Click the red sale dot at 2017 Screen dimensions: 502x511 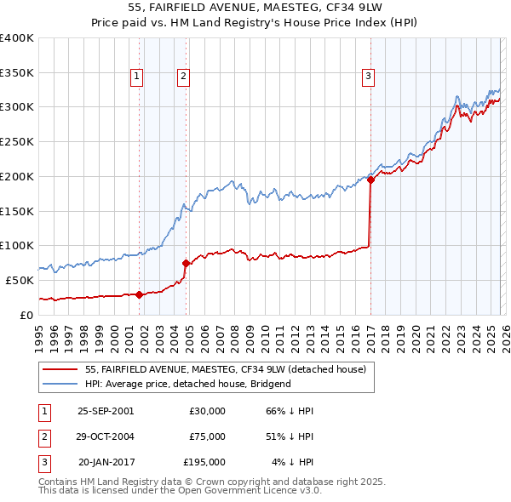(x=370, y=180)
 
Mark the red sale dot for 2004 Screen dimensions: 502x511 (x=187, y=263)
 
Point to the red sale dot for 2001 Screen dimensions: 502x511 (x=139, y=294)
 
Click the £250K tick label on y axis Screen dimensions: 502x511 (x=17, y=141)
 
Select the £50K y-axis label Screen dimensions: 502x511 (x=20, y=280)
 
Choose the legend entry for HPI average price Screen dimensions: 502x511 (x=188, y=384)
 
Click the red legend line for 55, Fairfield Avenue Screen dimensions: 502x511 (x=60, y=369)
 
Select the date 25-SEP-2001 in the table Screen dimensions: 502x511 (x=105, y=411)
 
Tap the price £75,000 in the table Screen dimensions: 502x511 (x=207, y=436)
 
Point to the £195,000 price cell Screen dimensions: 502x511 (x=204, y=462)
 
